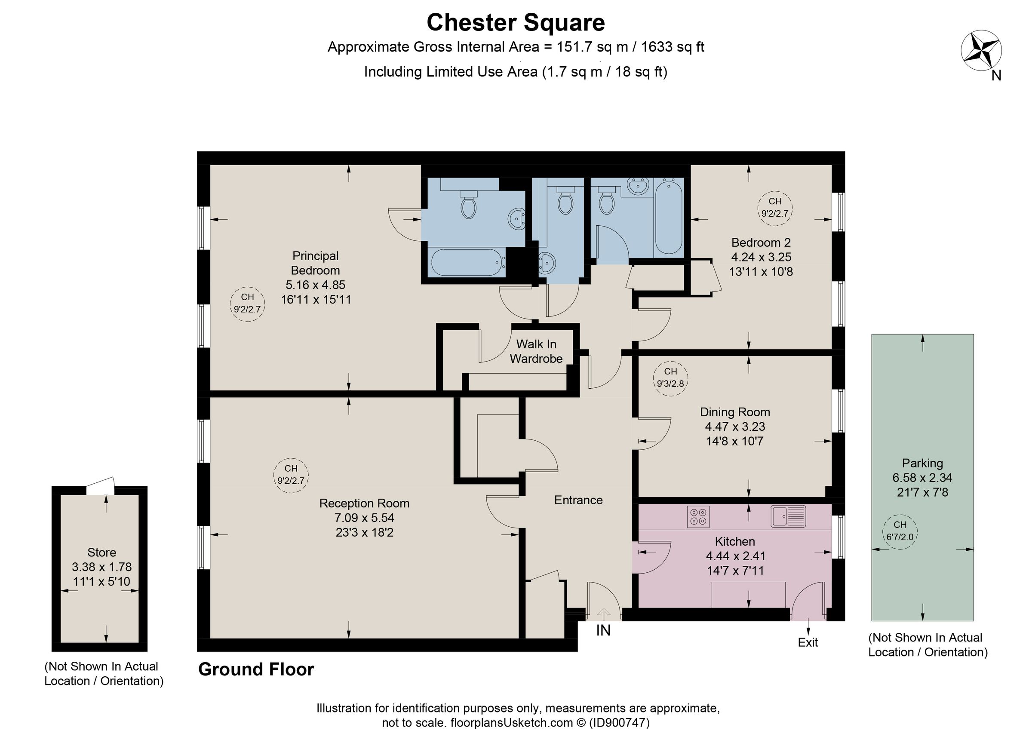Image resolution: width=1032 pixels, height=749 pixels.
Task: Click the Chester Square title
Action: [x=516, y=23]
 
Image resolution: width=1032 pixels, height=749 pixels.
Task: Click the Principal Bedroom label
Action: [x=315, y=263]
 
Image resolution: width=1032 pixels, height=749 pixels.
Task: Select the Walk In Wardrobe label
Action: [x=536, y=351]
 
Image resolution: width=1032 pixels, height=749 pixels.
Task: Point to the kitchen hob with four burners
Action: [x=698, y=516]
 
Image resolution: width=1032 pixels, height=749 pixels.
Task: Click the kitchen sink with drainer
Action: [x=788, y=516]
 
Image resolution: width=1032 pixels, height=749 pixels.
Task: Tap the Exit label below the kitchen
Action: [x=808, y=642]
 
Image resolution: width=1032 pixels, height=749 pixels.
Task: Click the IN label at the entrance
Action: [x=603, y=631]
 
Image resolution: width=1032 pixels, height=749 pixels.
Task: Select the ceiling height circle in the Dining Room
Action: [x=670, y=378]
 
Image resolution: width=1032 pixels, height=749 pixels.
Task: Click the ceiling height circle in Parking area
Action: [x=900, y=531]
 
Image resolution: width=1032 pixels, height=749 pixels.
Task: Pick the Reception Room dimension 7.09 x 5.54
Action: [x=364, y=518]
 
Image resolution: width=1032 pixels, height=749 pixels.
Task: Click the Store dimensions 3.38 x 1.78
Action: [x=101, y=567]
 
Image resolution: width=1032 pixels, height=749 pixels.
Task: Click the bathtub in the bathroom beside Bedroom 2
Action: [x=668, y=216]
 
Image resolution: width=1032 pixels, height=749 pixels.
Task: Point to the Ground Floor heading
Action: [x=256, y=669]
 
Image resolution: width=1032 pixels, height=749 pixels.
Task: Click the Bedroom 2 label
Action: [x=761, y=243]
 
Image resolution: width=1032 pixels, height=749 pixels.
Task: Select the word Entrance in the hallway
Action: [x=578, y=500]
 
